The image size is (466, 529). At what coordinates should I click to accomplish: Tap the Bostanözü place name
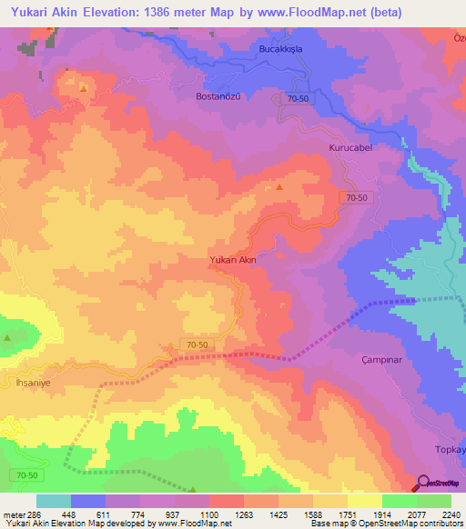pos(198,95)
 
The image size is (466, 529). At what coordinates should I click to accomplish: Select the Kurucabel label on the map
pos(350,146)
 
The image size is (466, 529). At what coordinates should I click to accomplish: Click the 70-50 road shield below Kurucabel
pos(357,197)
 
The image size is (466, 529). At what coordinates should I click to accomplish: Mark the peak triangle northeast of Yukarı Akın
pos(279,187)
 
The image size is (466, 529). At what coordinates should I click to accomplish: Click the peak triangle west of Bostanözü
pos(83,88)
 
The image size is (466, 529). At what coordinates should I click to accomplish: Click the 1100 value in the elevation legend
pos(209,514)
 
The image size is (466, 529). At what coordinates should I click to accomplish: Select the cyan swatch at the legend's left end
pos(53,501)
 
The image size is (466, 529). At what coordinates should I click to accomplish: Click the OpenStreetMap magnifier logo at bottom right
pos(422,484)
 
